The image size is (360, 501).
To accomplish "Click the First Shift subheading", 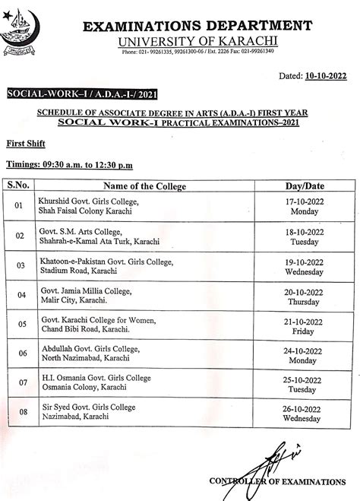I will pos(24,142).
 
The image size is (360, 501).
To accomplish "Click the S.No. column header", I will pos(19,185).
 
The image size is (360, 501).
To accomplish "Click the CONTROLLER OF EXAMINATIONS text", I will pos(277,482).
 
